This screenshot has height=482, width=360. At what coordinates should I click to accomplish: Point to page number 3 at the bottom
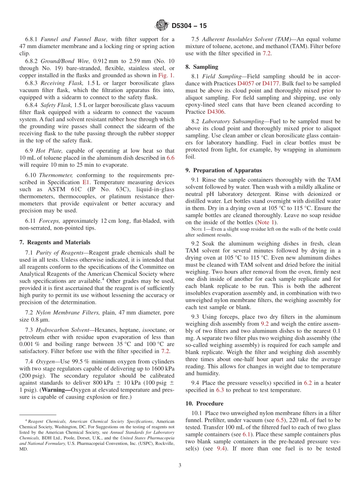pos(180,466)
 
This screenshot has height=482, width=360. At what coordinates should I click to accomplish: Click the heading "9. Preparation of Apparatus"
pos(224,171)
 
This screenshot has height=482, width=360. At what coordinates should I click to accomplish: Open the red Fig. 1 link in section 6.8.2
pos(166,75)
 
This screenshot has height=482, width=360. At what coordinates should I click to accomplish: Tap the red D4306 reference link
pos(216,112)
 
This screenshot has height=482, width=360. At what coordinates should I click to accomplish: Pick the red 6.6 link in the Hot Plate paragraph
pos(171,158)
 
